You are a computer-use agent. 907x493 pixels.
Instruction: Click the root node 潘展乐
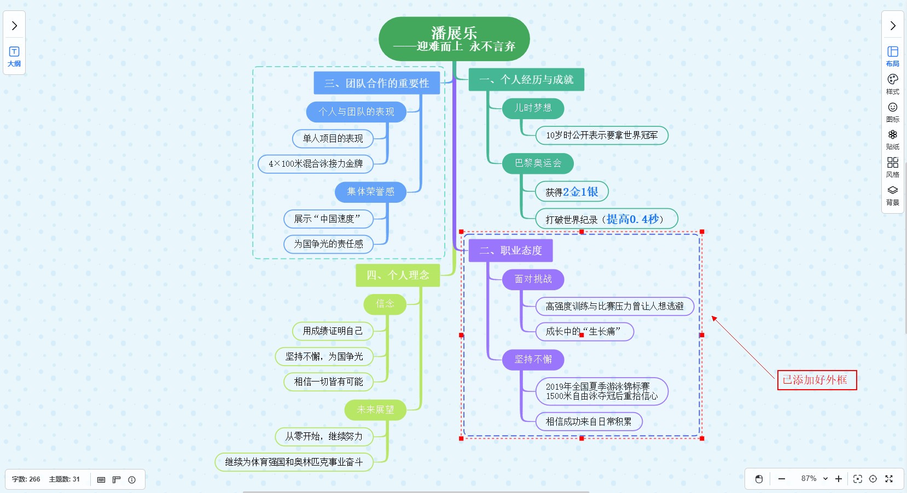click(x=454, y=39)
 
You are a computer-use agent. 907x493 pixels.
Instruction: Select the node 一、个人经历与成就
click(x=526, y=80)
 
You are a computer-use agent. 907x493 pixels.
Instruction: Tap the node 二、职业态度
click(x=510, y=251)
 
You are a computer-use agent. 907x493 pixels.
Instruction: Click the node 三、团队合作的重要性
click(x=376, y=83)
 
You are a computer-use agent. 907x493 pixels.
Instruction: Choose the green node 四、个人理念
click(x=398, y=275)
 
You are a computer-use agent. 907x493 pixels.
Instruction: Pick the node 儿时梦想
click(x=533, y=108)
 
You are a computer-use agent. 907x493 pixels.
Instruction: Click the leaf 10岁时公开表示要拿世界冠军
click(x=602, y=135)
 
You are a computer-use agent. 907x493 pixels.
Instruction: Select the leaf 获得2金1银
click(x=572, y=192)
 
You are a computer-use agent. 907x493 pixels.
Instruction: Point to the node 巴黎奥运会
click(x=538, y=163)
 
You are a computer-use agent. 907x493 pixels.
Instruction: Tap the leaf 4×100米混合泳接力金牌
click(x=316, y=163)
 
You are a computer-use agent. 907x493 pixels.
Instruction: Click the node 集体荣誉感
click(x=370, y=192)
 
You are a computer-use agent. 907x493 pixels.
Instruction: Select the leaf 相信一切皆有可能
click(x=328, y=382)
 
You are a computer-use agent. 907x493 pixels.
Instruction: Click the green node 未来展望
click(x=375, y=410)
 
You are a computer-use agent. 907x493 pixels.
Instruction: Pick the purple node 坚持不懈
click(x=533, y=360)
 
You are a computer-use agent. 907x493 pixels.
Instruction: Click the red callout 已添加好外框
click(x=817, y=380)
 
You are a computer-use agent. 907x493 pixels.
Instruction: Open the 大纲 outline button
click(x=14, y=56)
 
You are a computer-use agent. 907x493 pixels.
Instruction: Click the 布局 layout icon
click(x=892, y=56)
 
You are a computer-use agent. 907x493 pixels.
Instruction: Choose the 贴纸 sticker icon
click(x=892, y=139)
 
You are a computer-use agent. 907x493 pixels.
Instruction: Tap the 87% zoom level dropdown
click(x=814, y=479)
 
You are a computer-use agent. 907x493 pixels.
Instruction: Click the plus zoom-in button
click(x=839, y=479)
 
